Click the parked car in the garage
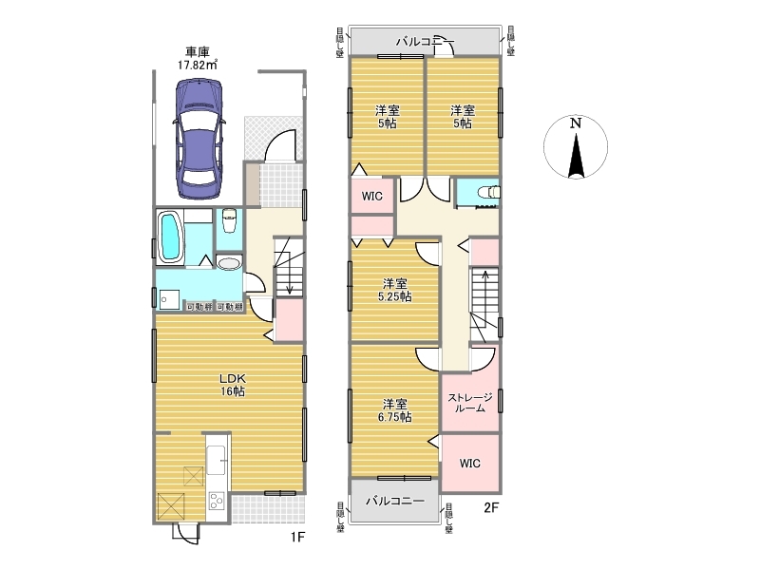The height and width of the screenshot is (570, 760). click(x=199, y=139)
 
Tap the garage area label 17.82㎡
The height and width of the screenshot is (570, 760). click(x=198, y=65)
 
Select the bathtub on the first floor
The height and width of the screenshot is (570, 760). click(x=169, y=237)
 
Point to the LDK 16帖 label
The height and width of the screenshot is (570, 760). click(x=233, y=385)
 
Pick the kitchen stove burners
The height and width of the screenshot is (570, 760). click(x=217, y=501)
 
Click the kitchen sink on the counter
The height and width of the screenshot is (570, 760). click(x=217, y=460)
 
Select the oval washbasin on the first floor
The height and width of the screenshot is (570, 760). click(x=229, y=263)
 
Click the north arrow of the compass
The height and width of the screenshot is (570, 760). click(x=576, y=156)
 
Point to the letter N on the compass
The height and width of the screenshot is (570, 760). click(x=576, y=123)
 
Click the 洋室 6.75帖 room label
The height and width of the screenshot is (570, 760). click(x=395, y=410)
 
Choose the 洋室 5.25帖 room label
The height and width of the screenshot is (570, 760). click(x=395, y=290)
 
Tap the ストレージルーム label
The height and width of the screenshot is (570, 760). click(x=470, y=403)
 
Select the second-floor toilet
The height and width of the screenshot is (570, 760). click(x=489, y=193)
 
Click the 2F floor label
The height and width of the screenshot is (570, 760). click(x=491, y=507)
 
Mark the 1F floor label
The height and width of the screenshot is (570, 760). click(x=297, y=537)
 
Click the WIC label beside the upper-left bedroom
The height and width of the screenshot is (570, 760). click(x=371, y=197)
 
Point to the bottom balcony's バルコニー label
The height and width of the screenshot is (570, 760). click(x=395, y=501)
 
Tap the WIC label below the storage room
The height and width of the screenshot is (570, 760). click(x=469, y=464)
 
